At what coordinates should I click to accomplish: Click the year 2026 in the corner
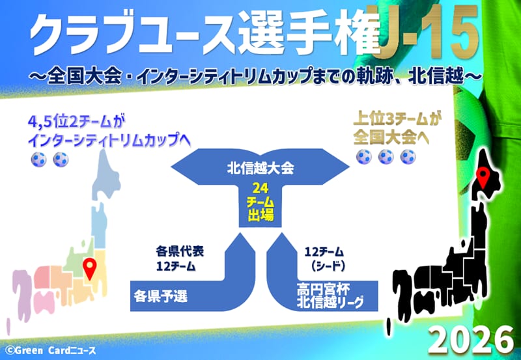[471, 340]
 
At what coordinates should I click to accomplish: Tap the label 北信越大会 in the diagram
[260, 168]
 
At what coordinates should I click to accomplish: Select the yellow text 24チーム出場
[260, 202]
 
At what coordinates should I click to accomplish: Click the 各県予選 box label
[161, 296]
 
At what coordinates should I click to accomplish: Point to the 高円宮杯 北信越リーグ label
[330, 296]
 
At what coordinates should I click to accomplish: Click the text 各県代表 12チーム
[180, 258]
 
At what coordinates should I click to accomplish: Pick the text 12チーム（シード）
[324, 258]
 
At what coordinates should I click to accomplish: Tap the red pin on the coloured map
[90, 268]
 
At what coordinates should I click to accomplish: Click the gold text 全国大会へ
[391, 137]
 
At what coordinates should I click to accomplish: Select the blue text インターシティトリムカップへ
[109, 141]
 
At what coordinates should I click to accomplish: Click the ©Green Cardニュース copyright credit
[51, 350]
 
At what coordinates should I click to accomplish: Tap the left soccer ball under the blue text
[38, 159]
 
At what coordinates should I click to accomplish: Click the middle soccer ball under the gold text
[386, 157]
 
